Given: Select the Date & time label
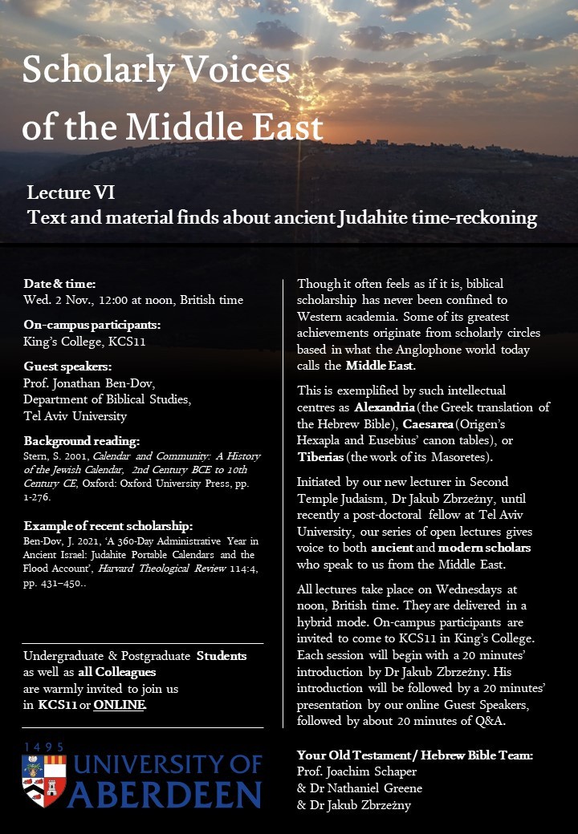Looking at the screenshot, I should tap(59, 284).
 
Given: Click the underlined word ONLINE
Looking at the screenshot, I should tap(120, 706).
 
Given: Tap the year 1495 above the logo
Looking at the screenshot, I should tap(44, 747).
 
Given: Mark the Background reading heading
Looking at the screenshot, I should tap(82, 442).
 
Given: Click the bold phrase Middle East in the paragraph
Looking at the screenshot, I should tap(380, 366).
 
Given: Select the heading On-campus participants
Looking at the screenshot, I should tap(92, 325).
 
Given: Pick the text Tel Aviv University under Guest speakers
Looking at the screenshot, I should tap(75, 416).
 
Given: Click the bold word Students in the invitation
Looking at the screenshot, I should tap(222, 656).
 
